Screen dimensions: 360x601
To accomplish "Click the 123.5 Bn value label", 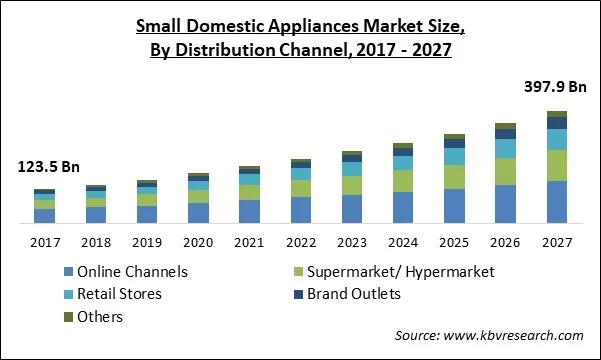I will tap(46, 167).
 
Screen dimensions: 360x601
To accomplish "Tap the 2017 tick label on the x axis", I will tap(44, 241).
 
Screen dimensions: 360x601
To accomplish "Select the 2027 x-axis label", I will tap(557, 241).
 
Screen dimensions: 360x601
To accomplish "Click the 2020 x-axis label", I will tap(198, 241).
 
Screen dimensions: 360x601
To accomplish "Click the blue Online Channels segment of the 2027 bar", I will tap(557, 202).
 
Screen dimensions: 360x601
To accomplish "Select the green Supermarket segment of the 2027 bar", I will tap(557, 165).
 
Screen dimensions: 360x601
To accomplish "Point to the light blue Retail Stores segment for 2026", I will tap(506, 148).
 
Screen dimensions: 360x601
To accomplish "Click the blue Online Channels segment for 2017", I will tap(44, 216).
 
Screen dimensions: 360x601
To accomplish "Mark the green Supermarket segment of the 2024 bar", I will tap(403, 180).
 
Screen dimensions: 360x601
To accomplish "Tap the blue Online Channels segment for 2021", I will tap(249, 211).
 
